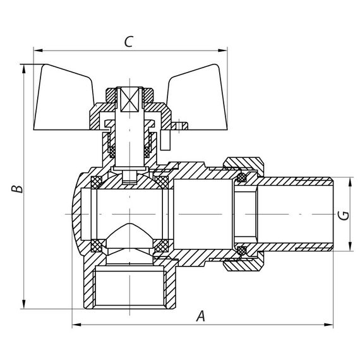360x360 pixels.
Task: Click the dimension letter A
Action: [201, 316]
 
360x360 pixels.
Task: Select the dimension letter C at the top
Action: [128, 42]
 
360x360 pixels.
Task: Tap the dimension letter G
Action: [343, 215]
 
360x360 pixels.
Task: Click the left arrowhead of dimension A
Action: [75, 325]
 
